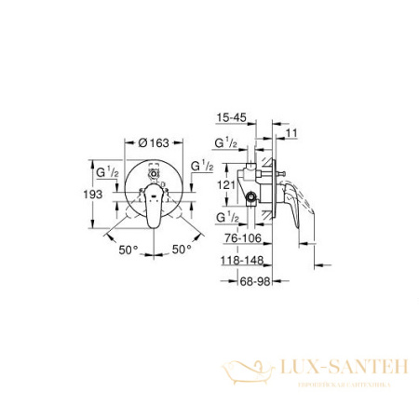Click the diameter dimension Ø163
coord(151,143)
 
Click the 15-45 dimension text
coord(228,119)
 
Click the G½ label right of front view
coord(201,165)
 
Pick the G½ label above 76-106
coord(226,216)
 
